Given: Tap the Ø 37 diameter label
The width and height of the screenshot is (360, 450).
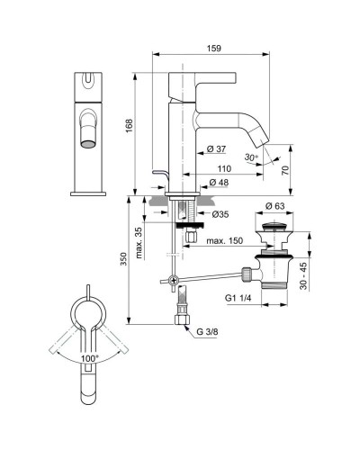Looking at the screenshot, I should click(217, 148).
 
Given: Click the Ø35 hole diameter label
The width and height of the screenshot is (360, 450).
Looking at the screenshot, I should click(221, 214).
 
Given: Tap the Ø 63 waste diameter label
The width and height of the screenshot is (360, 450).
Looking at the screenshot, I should click(276, 206).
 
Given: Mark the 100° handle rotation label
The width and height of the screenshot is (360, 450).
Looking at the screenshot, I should click(89, 357).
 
